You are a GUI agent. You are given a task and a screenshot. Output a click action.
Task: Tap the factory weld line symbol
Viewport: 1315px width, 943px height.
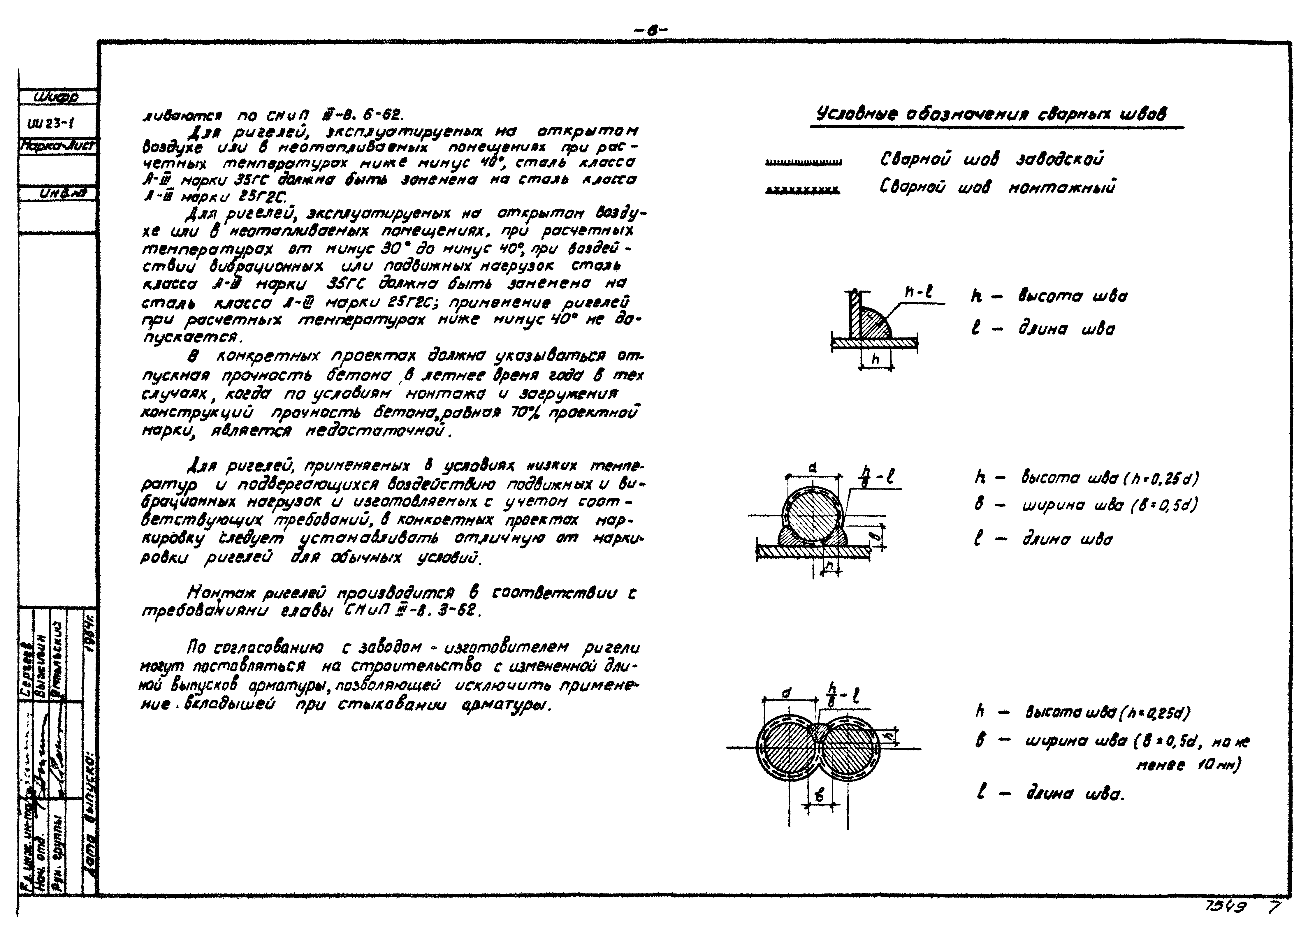pos(804,163)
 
